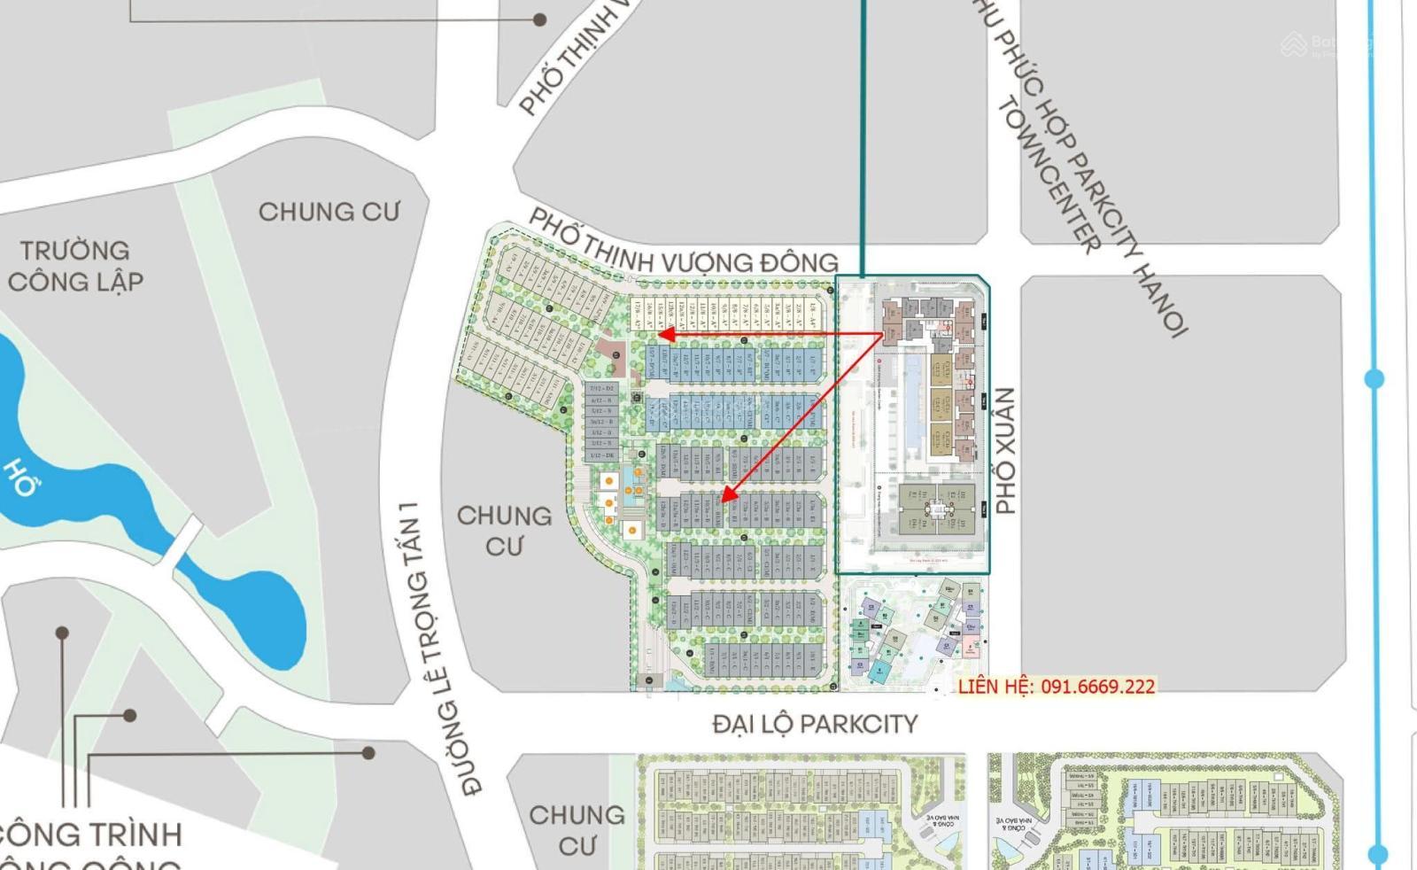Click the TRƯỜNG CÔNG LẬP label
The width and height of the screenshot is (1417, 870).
tap(75, 266)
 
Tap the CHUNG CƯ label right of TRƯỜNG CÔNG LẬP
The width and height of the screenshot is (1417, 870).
tap(329, 212)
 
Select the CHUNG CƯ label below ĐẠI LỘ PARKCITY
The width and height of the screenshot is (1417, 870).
tap(577, 830)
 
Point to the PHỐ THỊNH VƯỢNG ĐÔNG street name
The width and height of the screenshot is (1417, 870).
tap(683, 245)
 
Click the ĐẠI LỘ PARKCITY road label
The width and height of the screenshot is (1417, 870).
tap(815, 724)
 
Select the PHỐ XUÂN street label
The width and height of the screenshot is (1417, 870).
tap(1005, 450)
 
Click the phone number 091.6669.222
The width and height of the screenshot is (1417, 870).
tap(1097, 687)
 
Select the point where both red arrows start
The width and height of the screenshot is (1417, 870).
tap(883, 334)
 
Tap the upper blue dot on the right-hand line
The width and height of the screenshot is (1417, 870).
tap(1374, 379)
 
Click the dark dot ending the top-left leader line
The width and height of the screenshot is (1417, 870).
tap(539, 19)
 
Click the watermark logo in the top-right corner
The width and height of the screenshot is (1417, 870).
tap(1294, 44)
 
